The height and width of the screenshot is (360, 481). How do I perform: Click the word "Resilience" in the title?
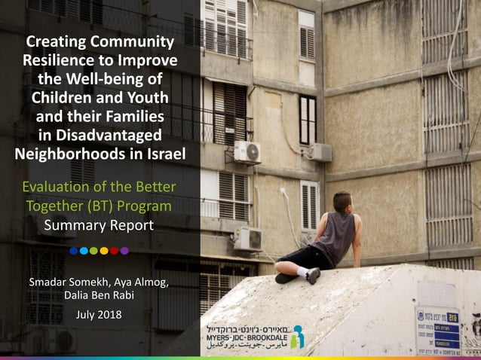(x=60, y=59)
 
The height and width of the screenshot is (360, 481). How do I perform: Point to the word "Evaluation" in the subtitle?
(x=54, y=187)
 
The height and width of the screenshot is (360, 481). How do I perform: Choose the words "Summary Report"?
(x=99, y=224)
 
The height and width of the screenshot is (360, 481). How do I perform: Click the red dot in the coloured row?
(x=114, y=251)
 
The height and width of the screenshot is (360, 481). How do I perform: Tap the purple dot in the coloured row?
(x=124, y=251)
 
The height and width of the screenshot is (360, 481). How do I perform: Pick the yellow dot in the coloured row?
(x=93, y=251)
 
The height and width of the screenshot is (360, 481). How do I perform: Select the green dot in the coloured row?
(x=104, y=251)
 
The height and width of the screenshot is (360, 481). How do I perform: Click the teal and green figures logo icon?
(x=298, y=336)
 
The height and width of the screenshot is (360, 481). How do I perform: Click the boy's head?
(x=342, y=201)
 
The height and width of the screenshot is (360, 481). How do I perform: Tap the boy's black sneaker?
(x=312, y=276)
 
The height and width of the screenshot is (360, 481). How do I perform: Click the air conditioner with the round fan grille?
(x=247, y=152)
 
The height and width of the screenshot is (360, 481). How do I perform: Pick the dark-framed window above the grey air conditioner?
(x=308, y=118)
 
